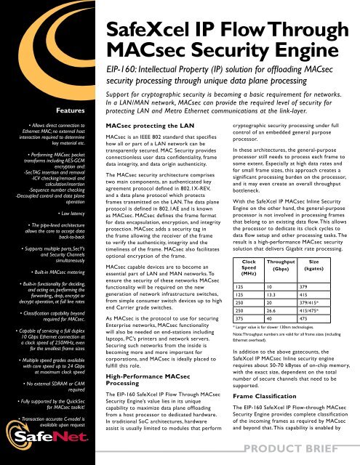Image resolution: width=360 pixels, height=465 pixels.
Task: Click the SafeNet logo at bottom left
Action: click(x=39, y=440)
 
